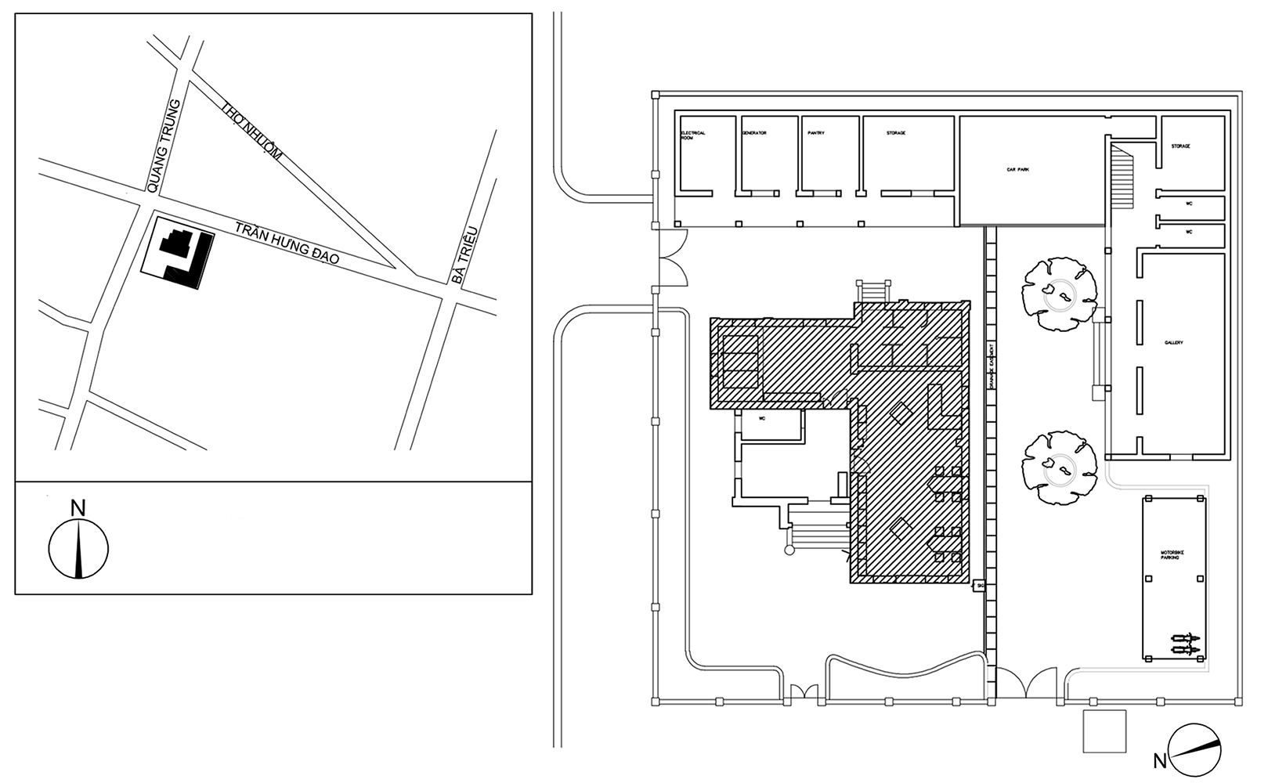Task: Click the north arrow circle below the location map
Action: (x=78, y=549)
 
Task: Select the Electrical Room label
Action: (x=693, y=135)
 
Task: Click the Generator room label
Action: (x=754, y=133)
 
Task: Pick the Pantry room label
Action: (x=816, y=133)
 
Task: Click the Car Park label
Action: (x=1017, y=168)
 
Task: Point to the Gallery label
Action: (x=1173, y=343)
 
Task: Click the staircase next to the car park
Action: (x=1122, y=179)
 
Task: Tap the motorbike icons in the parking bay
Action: (x=1185, y=645)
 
